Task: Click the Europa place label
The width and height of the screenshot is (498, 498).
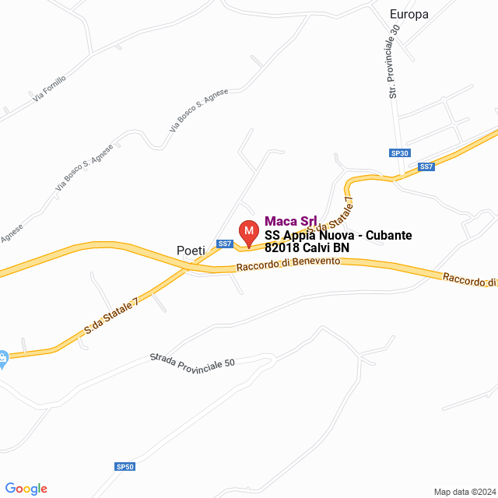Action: (x=409, y=14)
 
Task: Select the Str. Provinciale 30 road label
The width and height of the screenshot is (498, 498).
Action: (x=395, y=61)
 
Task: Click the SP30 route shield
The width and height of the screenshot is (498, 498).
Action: (x=400, y=153)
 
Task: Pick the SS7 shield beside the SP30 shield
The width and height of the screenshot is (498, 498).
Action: (x=426, y=167)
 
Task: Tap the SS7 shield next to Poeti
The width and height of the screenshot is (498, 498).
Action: (x=225, y=244)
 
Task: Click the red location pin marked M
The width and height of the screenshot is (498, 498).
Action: (x=248, y=232)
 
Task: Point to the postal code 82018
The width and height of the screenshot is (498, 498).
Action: (x=282, y=248)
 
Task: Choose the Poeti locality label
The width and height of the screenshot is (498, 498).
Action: (x=191, y=251)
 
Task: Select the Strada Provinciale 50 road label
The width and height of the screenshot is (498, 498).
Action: (x=191, y=362)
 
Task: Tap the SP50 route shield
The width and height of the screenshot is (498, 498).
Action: (x=125, y=467)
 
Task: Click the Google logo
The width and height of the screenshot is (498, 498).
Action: (x=26, y=489)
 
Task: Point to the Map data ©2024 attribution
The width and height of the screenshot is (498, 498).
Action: (x=464, y=492)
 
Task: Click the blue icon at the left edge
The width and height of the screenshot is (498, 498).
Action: (x=2, y=359)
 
